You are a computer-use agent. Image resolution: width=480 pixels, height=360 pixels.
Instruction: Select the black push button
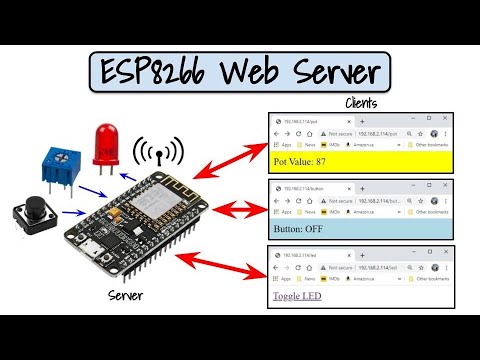coord(32,216)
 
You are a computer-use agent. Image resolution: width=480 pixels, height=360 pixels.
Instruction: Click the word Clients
coord(361,103)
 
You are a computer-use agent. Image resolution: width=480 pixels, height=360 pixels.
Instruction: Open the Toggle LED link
coord(304,296)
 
